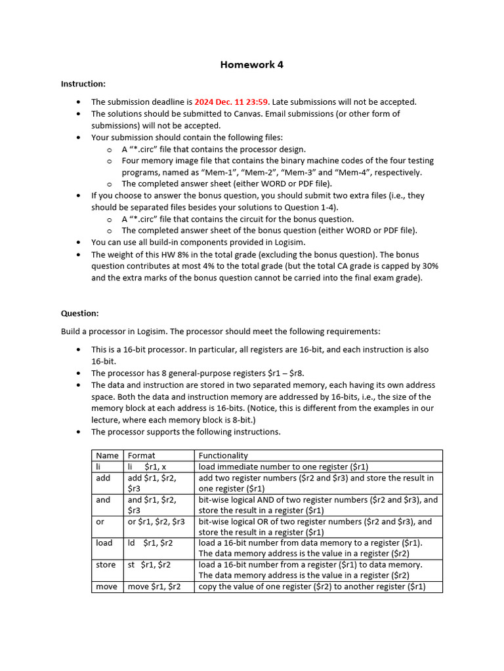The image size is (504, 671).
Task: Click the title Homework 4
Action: pos(252,65)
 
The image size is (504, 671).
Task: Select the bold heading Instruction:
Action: pos(83,84)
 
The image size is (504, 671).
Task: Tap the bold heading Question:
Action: pos(80,313)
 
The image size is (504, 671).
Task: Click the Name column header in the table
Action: pos(107,455)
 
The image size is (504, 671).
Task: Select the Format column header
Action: pos(141,455)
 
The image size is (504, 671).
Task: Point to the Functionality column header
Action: pos(223,455)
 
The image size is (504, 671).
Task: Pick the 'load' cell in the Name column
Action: pos(104,543)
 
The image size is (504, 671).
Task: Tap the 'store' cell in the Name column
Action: pos(105,565)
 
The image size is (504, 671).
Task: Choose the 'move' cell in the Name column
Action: pos(106,586)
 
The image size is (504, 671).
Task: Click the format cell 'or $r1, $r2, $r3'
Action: pos(156,522)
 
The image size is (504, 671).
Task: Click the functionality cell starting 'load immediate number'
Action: pos(283,467)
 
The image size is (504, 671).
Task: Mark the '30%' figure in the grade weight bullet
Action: pos(429,266)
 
